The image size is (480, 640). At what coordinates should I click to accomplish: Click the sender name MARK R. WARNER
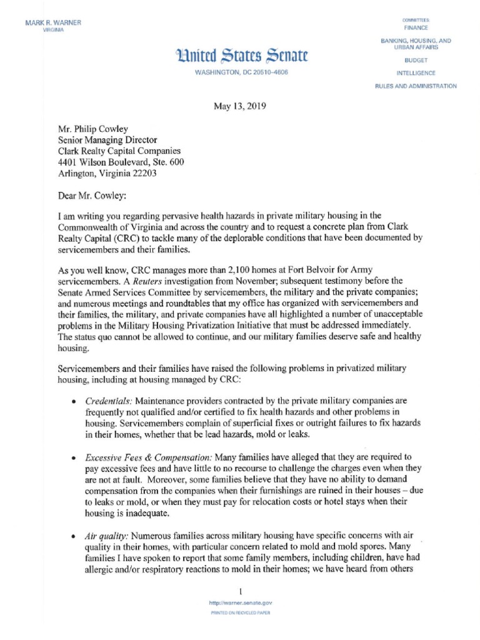[53, 23]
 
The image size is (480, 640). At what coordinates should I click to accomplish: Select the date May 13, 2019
[240, 106]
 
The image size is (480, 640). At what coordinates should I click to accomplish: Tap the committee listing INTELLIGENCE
[416, 73]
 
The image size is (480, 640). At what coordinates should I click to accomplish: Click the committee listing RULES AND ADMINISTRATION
[416, 86]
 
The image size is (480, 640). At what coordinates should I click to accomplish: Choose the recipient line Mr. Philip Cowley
[93, 128]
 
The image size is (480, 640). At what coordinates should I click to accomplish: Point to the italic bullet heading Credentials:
[107, 399]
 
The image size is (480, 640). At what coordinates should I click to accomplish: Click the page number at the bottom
[241, 591]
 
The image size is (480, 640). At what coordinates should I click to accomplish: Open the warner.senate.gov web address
[241, 604]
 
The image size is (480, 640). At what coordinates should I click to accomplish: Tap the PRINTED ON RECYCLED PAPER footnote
[241, 615]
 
